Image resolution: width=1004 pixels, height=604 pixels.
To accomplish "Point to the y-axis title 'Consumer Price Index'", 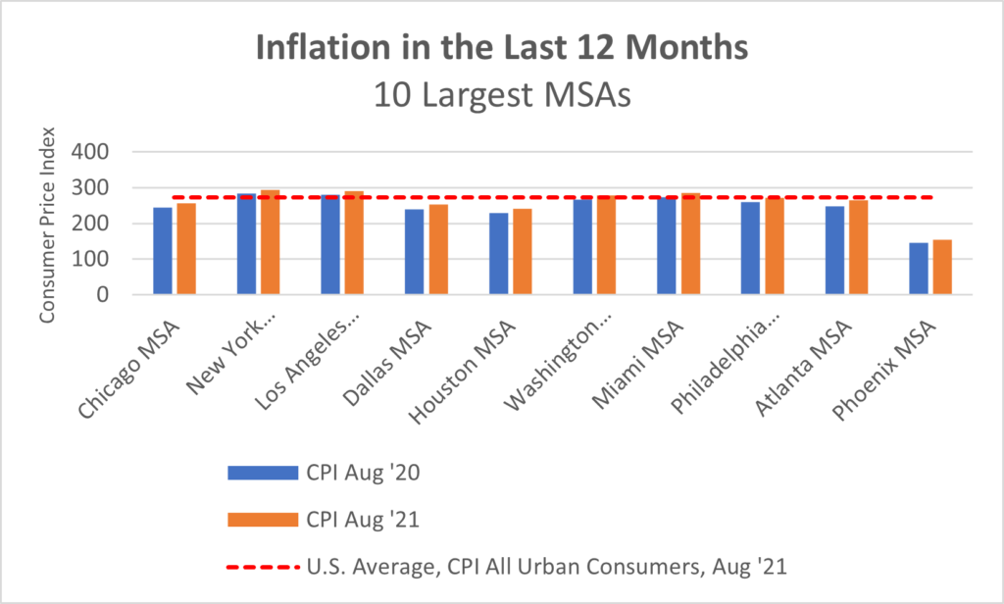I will point(47,224).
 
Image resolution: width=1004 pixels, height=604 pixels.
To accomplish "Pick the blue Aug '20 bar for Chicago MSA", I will point(162,251).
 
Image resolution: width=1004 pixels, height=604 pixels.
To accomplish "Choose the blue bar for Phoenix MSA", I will point(918,270).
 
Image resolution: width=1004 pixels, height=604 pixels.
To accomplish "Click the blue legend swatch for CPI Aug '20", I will point(262,473).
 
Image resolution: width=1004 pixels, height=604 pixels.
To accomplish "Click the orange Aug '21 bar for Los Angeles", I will point(354,243).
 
